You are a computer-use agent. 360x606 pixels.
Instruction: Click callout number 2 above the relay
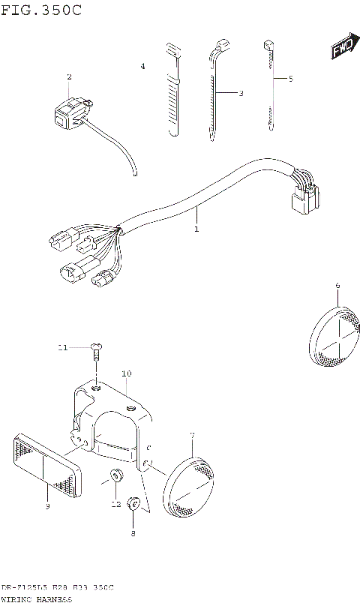coord(69,77)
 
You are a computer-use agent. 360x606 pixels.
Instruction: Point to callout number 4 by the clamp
coord(142,67)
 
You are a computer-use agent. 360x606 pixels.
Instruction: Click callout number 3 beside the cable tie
coord(241,94)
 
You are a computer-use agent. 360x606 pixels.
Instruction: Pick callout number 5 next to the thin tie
coord(291,78)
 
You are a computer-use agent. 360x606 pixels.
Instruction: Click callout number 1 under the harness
coord(196,229)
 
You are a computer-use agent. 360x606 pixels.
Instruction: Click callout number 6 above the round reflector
coord(337,285)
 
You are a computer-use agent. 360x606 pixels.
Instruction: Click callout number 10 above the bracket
coord(126,373)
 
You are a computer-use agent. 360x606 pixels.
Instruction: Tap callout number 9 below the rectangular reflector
coord(46,507)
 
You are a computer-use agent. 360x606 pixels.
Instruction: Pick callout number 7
coord(192,435)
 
